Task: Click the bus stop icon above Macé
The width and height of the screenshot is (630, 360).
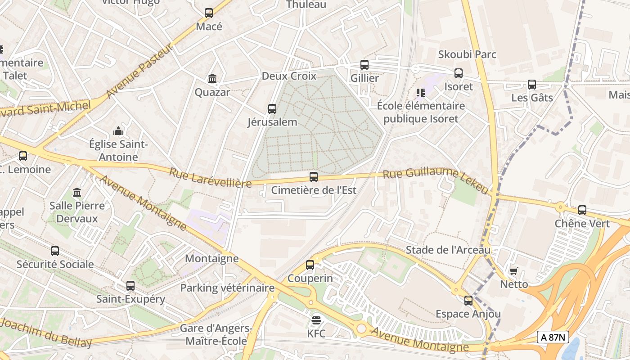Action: pos(209,13)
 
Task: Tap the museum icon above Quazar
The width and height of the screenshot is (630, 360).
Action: pos(212,79)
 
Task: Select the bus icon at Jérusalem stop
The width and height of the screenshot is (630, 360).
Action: pos(272,108)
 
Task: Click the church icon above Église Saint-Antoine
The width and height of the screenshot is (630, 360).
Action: pos(118,131)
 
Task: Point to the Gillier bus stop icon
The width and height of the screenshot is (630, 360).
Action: pos(364,65)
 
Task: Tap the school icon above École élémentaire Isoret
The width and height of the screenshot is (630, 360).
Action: pos(421,93)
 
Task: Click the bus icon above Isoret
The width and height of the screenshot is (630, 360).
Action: pos(459,73)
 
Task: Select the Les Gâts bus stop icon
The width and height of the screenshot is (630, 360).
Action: pos(532,84)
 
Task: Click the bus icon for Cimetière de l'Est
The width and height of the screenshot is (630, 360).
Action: pos(314,177)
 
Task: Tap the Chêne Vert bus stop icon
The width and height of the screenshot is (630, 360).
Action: pos(582,210)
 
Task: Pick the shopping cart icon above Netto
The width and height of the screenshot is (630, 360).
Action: pos(514,271)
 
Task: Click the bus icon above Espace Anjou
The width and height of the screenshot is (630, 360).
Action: pos(468,300)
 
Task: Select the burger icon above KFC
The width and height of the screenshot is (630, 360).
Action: pos(316,320)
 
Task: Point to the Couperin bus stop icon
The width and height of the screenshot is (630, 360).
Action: pos(310,265)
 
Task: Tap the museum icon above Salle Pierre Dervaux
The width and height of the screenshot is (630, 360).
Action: pos(77,192)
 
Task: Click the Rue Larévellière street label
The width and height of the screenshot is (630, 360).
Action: pos(210,178)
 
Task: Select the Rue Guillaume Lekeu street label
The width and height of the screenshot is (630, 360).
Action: pos(435,180)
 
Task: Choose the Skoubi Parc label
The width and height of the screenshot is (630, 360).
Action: pos(468,54)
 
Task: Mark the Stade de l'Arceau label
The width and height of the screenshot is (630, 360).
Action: pos(448,250)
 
